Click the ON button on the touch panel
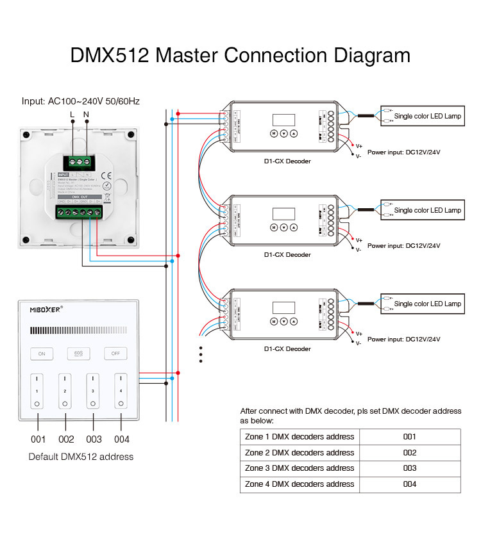click(x=42, y=353)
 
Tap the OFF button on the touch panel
click(x=115, y=353)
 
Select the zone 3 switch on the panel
click(x=94, y=390)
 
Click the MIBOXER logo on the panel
click(x=46, y=309)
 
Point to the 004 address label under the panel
click(x=121, y=439)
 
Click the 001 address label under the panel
click(x=38, y=439)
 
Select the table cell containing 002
click(x=410, y=452)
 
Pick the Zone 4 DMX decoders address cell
click(x=300, y=484)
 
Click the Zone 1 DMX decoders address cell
click(x=300, y=437)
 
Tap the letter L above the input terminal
click(x=72, y=115)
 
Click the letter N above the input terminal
click(x=87, y=115)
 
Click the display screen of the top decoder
click(x=284, y=120)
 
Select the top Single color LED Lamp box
click(x=421, y=116)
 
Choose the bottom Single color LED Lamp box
click(x=421, y=304)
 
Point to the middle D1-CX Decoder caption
click(x=287, y=255)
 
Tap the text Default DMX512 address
click(x=81, y=457)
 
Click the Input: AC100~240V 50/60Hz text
click(x=81, y=101)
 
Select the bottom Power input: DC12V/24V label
click(x=403, y=340)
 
